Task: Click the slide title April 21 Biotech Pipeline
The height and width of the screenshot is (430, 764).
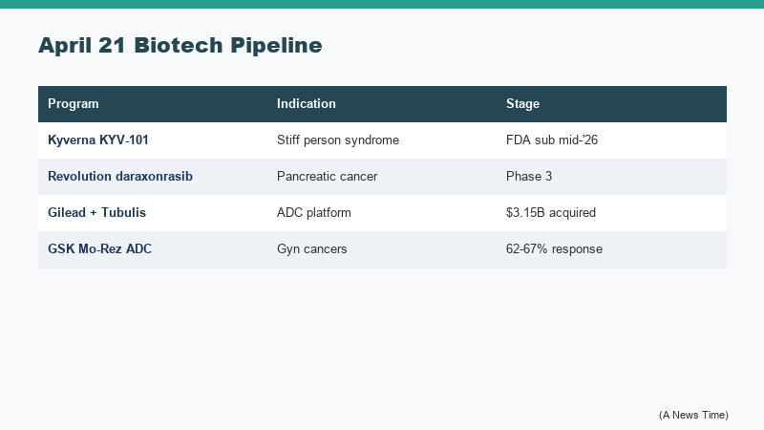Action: coord(180,46)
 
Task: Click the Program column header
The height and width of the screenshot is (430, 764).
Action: coord(74,104)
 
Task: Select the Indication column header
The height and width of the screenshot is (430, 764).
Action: coord(306,104)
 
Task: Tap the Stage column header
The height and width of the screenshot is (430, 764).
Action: coord(522,104)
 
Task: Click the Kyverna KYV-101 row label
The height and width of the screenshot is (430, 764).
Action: coord(98,140)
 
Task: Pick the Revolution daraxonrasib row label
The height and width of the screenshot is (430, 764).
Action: coord(120,177)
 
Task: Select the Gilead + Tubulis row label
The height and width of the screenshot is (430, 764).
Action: coord(96,213)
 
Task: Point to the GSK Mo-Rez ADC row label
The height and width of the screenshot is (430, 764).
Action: coord(99,249)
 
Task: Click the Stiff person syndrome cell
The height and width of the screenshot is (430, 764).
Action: coord(337,140)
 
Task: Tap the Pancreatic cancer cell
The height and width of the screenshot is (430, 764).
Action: coord(327,177)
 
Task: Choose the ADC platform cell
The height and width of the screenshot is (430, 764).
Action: coord(313,213)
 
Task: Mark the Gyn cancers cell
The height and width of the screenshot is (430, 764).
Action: coord(311,249)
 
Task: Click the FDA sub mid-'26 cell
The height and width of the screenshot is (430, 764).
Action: coord(551,140)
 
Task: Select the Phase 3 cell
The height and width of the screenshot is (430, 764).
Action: coord(529,177)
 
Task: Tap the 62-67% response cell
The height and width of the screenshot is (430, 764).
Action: coord(554,249)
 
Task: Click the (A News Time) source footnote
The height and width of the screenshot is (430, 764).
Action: coord(693,415)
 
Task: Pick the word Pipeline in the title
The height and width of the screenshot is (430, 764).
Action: coord(279,46)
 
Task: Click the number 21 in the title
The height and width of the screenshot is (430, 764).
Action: coord(119,46)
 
